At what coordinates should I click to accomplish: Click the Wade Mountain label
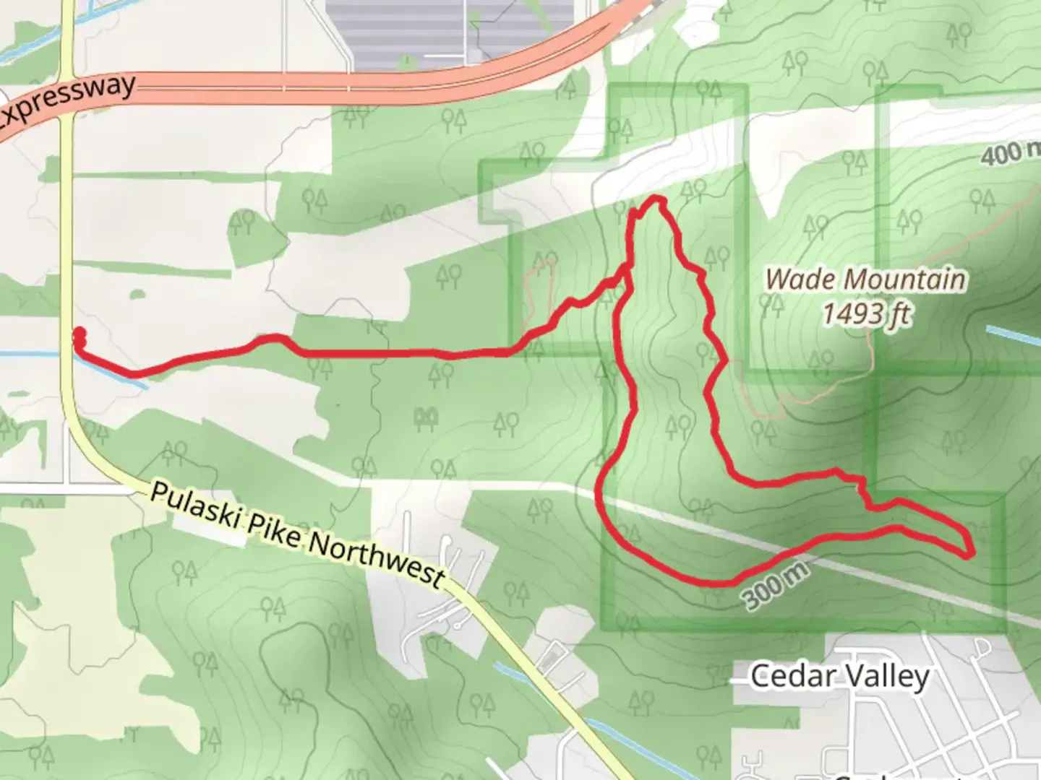pos(865,279)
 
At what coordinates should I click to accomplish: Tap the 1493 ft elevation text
pos(865,313)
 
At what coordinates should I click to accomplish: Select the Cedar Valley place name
pos(839,677)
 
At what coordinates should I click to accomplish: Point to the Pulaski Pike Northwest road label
pos(296,534)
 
